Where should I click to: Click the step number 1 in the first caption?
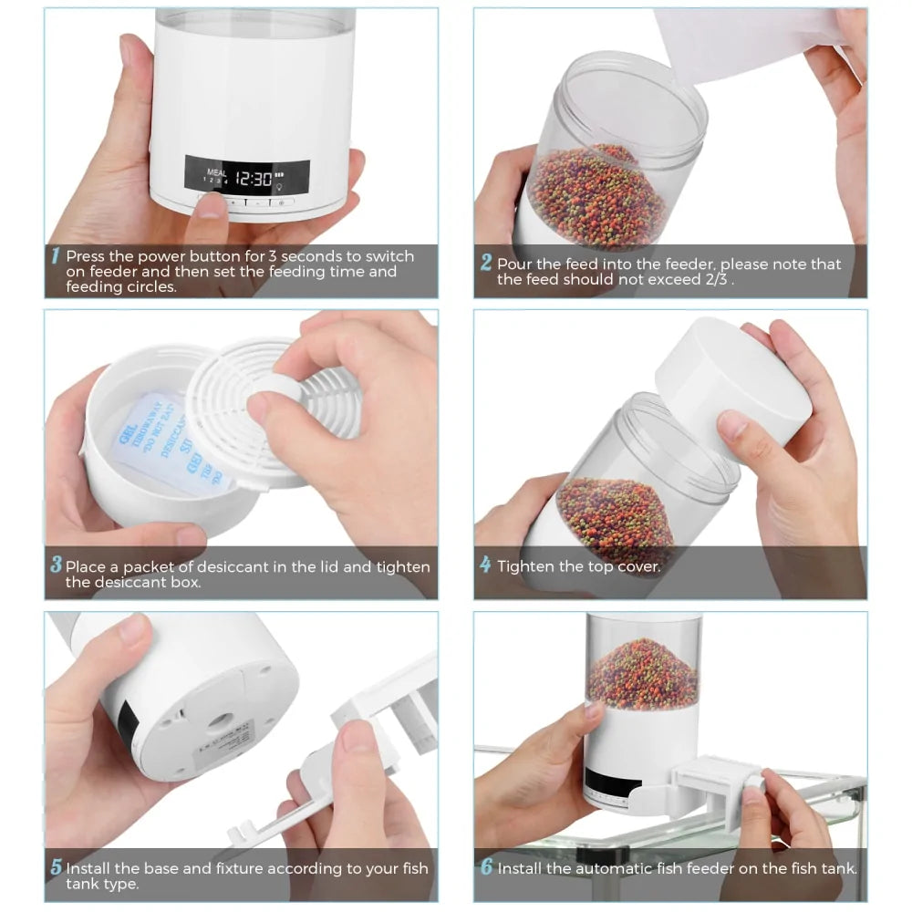click(56, 257)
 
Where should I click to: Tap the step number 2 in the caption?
click(486, 264)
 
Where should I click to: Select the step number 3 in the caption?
click(56, 565)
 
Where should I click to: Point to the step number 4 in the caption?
click(485, 565)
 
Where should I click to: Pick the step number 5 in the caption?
click(56, 868)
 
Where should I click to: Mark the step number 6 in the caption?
click(486, 868)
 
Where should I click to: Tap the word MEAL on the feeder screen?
click(217, 171)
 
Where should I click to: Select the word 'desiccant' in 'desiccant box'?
click(102, 582)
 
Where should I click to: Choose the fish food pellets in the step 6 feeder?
click(642, 675)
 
